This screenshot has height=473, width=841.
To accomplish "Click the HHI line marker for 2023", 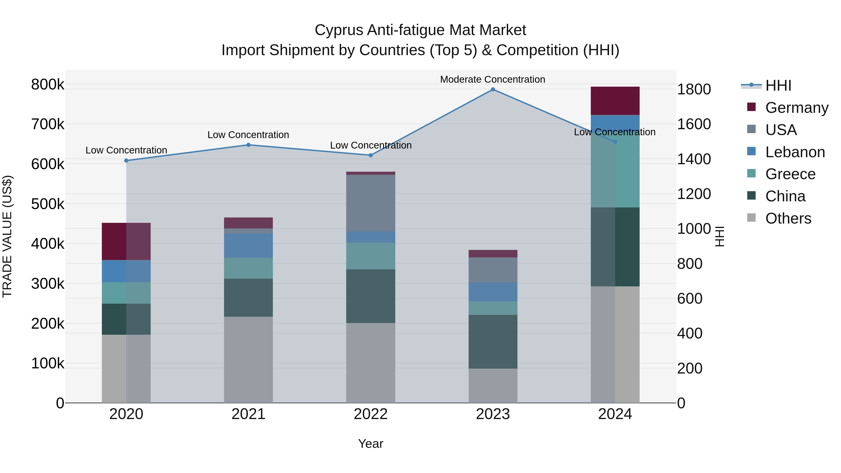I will point(493,89).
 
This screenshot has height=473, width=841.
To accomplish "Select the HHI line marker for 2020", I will point(126,161).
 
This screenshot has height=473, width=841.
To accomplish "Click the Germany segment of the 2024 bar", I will point(615,101).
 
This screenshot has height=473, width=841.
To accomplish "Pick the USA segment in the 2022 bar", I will point(371,203).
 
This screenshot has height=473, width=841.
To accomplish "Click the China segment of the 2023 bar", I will point(493,341).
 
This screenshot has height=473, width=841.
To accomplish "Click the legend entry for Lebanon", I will point(795,152).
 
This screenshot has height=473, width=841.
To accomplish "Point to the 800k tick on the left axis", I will point(48,85).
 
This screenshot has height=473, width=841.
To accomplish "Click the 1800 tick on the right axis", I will point(694,89).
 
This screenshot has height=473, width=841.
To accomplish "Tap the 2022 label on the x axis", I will point(371,414).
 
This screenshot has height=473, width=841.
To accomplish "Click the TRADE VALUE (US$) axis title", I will point(7,236).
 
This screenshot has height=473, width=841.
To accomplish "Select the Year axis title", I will point(371,444).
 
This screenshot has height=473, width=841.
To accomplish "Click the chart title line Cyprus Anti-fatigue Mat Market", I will point(420,30).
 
